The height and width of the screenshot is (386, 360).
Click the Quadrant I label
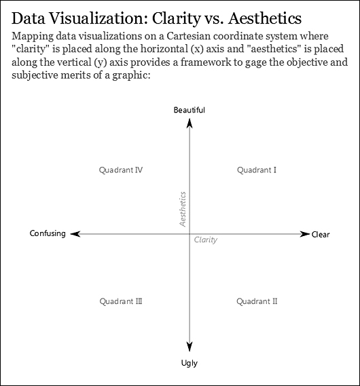tap(257, 170)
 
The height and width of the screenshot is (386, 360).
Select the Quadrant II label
tap(257, 301)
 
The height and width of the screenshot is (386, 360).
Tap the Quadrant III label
tap(121, 301)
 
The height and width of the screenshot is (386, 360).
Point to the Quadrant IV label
tap(121, 170)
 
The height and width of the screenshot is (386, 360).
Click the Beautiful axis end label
tap(190, 110)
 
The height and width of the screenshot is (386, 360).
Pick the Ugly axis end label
tap(190, 363)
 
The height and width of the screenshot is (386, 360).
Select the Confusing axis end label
tap(48, 233)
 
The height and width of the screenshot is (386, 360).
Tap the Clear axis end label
tap(321, 234)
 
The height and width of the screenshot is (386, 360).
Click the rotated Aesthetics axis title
tap(183, 209)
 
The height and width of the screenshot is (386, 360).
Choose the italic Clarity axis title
tap(206, 239)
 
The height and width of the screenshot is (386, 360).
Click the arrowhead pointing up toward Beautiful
tap(190, 123)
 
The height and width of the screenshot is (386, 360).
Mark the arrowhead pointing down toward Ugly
tap(190, 347)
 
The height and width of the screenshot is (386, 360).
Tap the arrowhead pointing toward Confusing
tap(75, 234)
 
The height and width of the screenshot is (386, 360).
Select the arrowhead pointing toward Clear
tap(304, 234)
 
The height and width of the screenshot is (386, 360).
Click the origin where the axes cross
tap(190, 234)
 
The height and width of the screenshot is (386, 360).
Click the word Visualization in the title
tap(98, 18)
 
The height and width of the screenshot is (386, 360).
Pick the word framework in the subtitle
tap(206, 62)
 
